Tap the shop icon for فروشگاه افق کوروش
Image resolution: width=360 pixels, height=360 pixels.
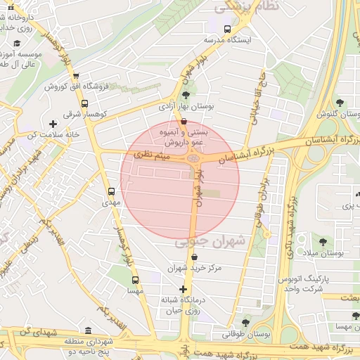pyautogui.click(x=75, y=77)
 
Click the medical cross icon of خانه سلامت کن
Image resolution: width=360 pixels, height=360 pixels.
pyautogui.click(x=53, y=124)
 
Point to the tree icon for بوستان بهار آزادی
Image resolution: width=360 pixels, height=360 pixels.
pyautogui.click(x=186, y=95)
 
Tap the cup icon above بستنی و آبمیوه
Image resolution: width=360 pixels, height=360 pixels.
pyautogui.click(x=184, y=121)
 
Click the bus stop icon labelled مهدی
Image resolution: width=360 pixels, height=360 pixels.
pyautogui.click(x=111, y=191)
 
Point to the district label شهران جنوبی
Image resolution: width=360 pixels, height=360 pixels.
pyautogui.click(x=211, y=241)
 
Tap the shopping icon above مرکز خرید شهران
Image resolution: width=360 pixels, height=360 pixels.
pyautogui.click(x=194, y=257)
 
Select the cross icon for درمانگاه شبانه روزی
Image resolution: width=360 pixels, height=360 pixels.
pyautogui.click(x=184, y=289)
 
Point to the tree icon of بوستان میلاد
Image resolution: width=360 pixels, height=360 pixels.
pyautogui.click(x=323, y=242)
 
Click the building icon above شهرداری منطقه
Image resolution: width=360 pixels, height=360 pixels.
pyautogui.click(x=87, y=330)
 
